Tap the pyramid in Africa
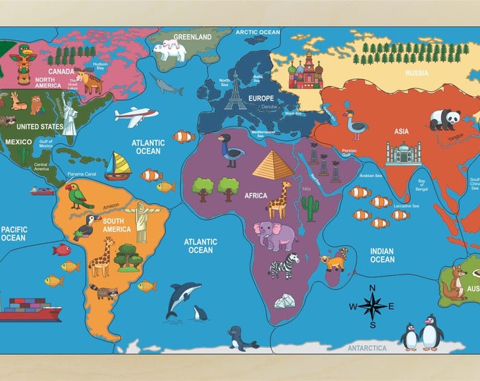272,164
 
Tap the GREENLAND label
193,37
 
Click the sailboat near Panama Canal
119,167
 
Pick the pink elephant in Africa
275,235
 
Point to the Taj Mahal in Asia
402,153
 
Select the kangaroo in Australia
455,283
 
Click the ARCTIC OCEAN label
258,32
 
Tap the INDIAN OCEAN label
383,255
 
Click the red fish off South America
61,250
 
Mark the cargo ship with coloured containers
31,309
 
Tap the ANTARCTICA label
367,348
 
